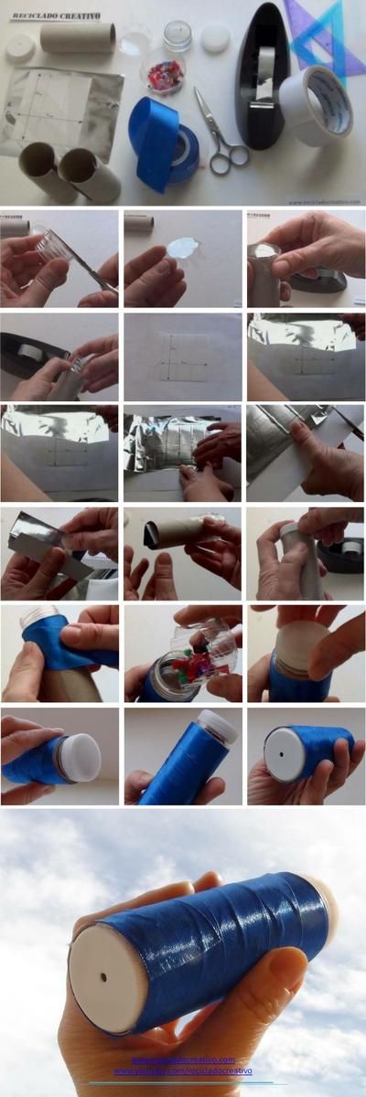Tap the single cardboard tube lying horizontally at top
click(x=77, y=37)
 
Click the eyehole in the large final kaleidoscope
click(x=102, y=976)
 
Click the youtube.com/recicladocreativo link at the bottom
click(x=183, y=1070)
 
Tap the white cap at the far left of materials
click(x=20, y=48)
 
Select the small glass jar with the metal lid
click(x=177, y=37)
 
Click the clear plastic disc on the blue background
click(x=183, y=248)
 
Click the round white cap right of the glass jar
click(x=216, y=38)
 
